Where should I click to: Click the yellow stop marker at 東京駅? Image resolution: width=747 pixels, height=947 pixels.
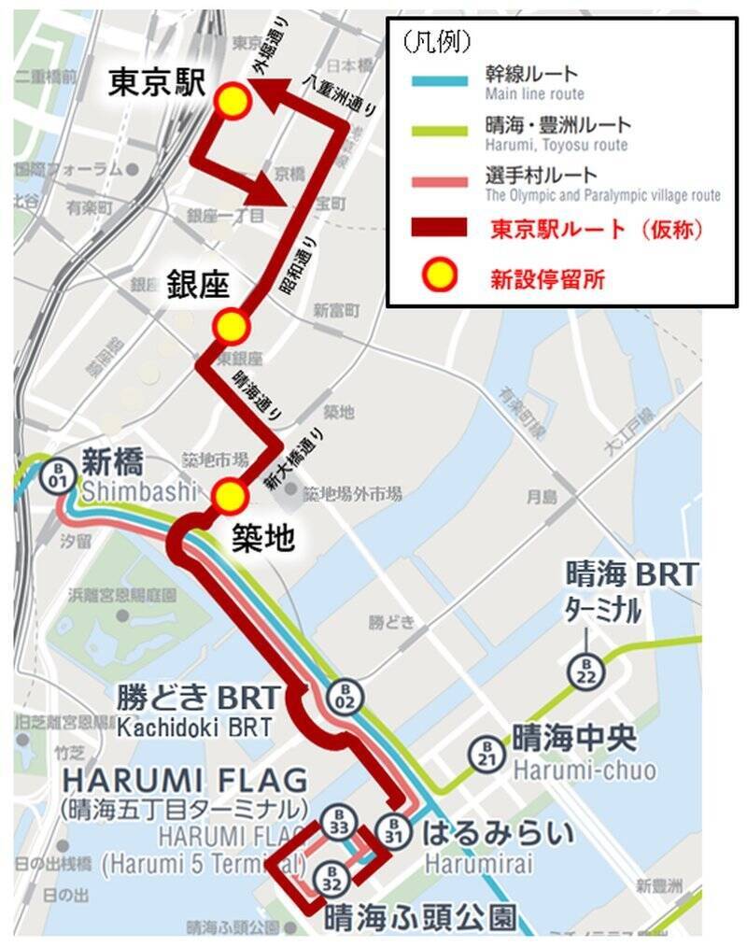tap(233, 102)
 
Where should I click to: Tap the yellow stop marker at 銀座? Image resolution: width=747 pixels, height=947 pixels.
tap(232, 327)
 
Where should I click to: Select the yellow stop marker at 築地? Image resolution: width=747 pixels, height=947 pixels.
tap(230, 497)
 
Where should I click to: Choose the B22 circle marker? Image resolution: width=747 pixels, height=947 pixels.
tap(586, 670)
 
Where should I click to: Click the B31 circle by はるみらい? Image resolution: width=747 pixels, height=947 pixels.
tap(394, 828)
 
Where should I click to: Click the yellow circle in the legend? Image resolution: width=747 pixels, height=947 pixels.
tap(437, 276)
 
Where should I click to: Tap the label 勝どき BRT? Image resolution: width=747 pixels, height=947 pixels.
tap(197, 697)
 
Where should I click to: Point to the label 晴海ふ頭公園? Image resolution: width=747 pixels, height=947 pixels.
tap(420, 916)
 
